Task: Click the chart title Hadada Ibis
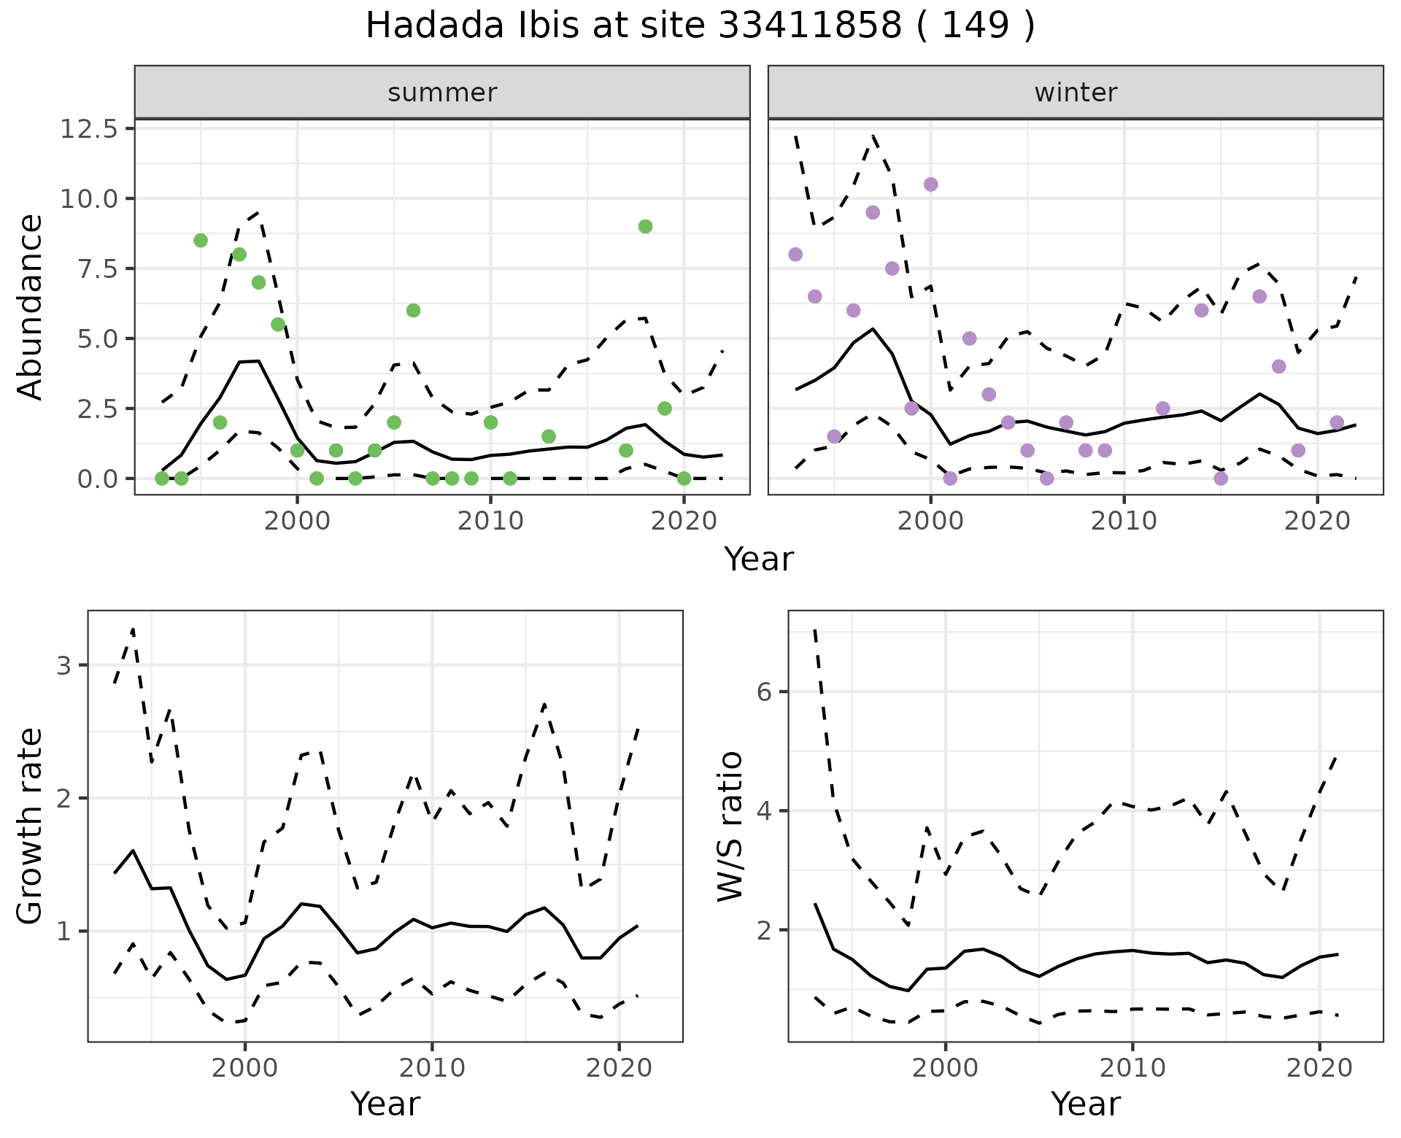click(700, 26)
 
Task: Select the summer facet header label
click(442, 93)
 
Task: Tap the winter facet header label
click(1076, 93)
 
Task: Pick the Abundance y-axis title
click(31, 306)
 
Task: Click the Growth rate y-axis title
click(31, 826)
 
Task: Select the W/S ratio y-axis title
click(730, 826)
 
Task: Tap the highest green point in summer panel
click(645, 226)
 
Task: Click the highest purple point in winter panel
click(930, 185)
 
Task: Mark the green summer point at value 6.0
click(413, 311)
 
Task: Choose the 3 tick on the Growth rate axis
click(66, 665)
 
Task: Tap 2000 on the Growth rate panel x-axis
click(245, 1068)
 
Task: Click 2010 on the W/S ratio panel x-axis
click(1132, 1068)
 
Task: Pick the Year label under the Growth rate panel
click(385, 1104)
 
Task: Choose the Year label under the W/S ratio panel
click(1086, 1104)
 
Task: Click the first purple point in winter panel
click(795, 255)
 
